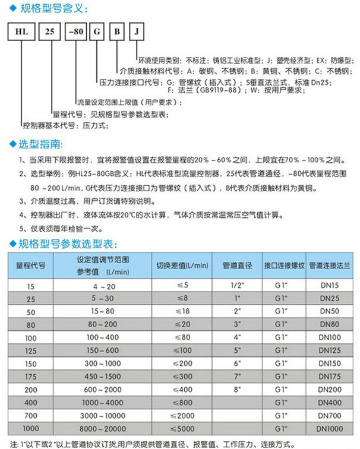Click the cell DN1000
pyautogui.click(x=331, y=426)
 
